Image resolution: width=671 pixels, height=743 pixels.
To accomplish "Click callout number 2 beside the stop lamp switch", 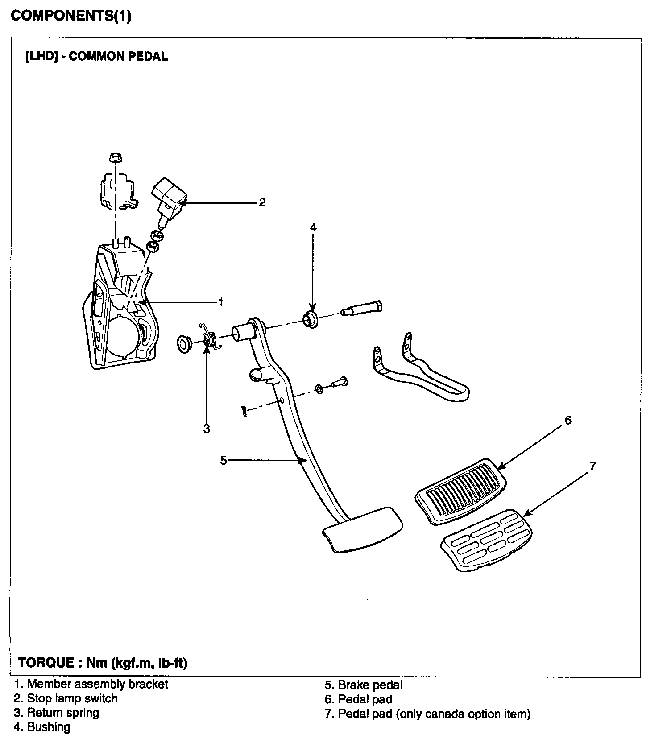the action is [262, 202].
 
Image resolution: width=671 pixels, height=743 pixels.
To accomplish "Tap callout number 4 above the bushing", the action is [313, 227].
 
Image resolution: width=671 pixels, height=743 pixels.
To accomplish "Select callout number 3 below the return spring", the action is [207, 429].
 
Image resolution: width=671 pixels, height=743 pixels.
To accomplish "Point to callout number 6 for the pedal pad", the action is [568, 420].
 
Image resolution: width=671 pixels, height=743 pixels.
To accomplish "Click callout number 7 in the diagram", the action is [592, 466].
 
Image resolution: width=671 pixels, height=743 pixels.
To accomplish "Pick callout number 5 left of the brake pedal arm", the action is [224, 460].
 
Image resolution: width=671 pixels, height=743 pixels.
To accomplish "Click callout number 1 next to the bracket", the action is [220, 302].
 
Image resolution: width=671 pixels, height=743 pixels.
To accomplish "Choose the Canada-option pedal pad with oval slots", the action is [487, 540].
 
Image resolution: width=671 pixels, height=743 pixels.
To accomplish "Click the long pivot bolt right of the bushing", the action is [361, 308].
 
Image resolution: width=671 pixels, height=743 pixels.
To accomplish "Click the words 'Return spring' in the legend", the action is [63, 713].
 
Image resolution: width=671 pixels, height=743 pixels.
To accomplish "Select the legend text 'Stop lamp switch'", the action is [72, 698].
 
